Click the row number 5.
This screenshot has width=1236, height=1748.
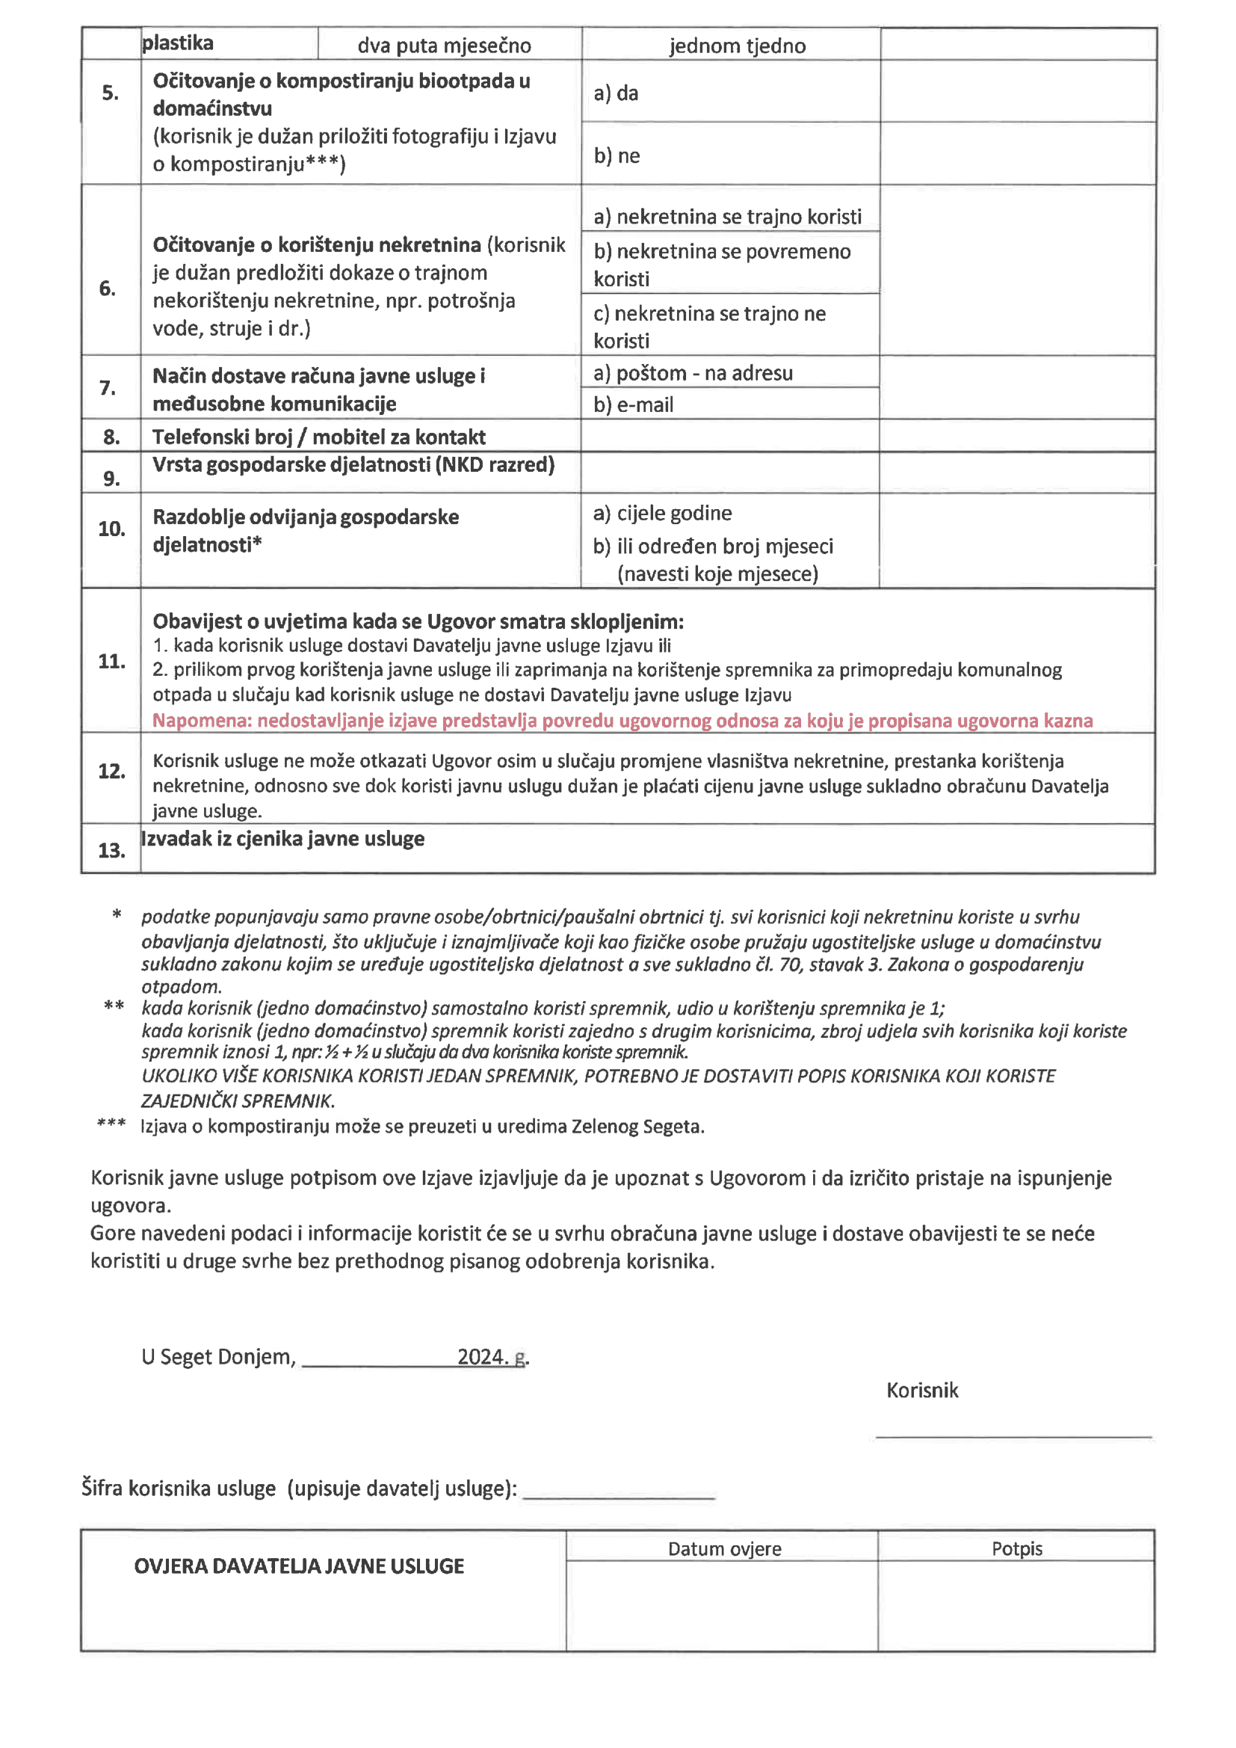pyautogui.click(x=111, y=93)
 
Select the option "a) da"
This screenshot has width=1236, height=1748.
pyautogui.click(x=616, y=93)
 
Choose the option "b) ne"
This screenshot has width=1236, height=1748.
pyautogui.click(x=617, y=156)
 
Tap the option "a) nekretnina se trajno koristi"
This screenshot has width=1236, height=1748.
pyautogui.click(x=727, y=217)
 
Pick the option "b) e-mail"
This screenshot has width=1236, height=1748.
pyautogui.click(x=633, y=405)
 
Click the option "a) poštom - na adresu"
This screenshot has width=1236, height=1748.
pyautogui.click(x=693, y=373)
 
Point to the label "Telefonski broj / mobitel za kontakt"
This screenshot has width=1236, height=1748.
pyautogui.click(x=318, y=437)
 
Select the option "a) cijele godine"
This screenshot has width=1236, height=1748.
pyautogui.click(x=662, y=513)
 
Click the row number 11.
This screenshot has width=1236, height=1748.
pyautogui.click(x=111, y=661)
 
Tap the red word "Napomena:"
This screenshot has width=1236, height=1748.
pyautogui.click(x=202, y=720)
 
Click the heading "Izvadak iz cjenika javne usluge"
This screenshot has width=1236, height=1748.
pyautogui.click(x=283, y=839)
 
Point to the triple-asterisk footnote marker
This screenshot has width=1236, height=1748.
pyautogui.click(x=111, y=1124)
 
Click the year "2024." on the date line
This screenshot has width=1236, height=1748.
pyautogui.click(x=483, y=1357)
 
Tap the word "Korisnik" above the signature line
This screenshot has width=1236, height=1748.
pyautogui.click(x=921, y=1390)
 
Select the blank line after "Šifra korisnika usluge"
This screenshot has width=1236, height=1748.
pyautogui.click(x=619, y=1498)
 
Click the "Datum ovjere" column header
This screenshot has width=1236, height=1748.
pyautogui.click(x=724, y=1548)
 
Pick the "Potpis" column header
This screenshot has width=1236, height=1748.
pyautogui.click(x=1016, y=1548)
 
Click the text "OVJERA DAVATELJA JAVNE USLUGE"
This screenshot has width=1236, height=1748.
pyautogui.click(x=298, y=1566)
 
